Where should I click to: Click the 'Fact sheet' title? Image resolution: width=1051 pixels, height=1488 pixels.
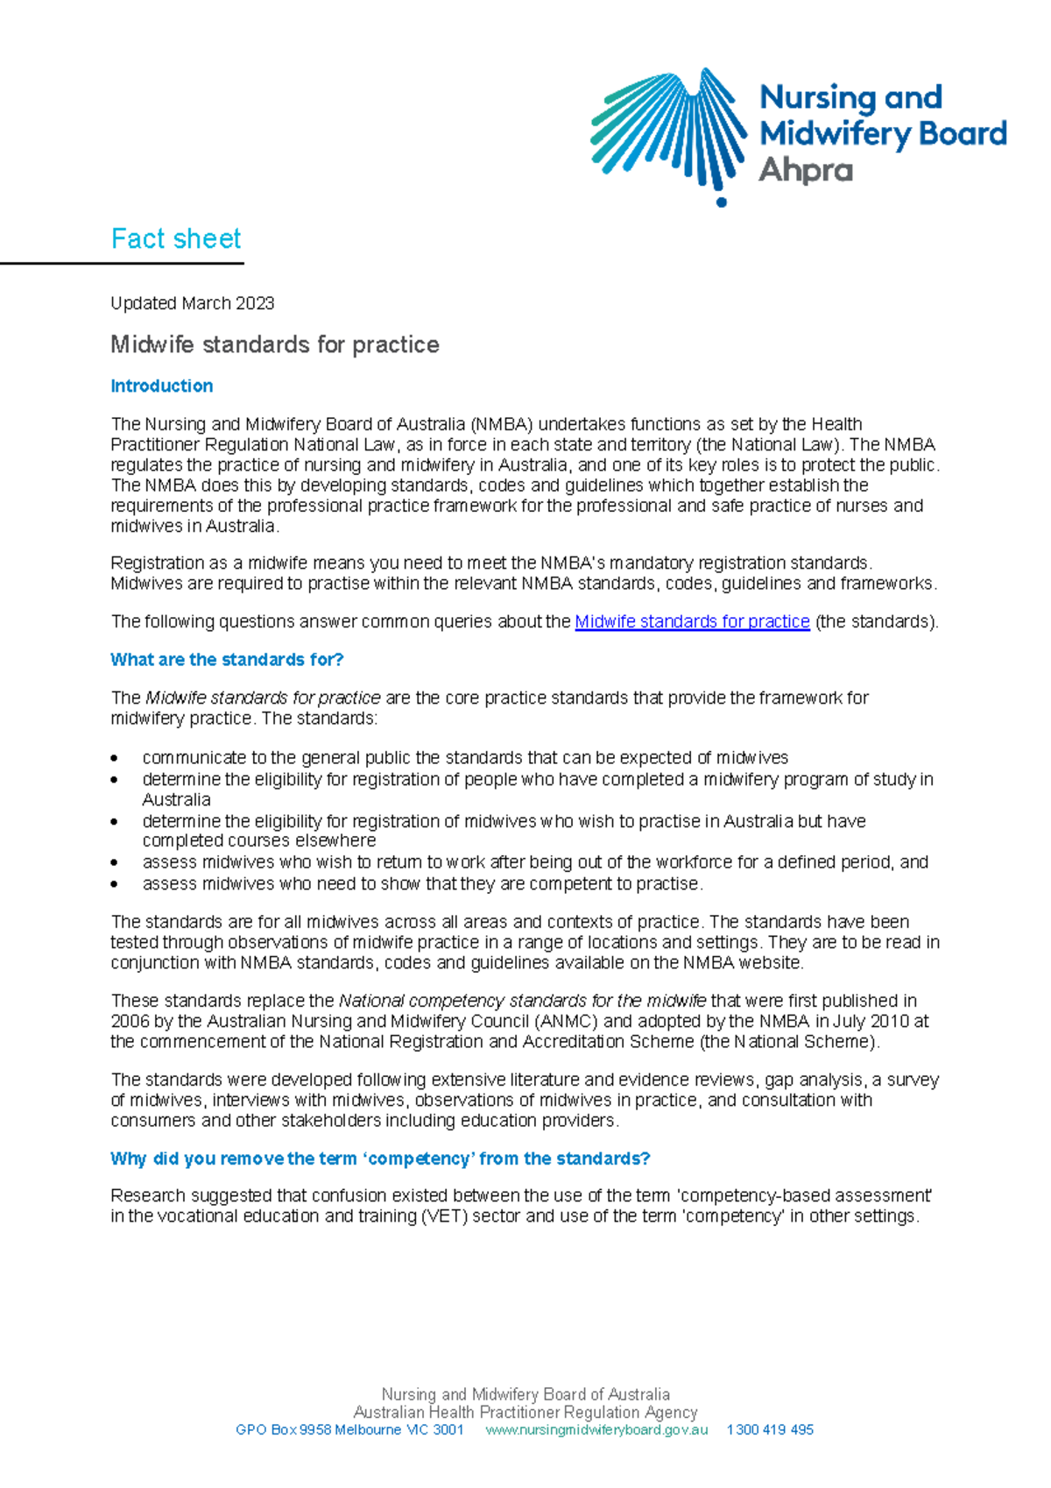(x=176, y=238)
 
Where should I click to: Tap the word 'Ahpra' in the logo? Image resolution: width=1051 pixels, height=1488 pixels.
(x=806, y=170)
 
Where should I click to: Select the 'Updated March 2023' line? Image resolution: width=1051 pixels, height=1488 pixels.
(x=192, y=303)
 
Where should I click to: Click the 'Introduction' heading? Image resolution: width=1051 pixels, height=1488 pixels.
(x=161, y=386)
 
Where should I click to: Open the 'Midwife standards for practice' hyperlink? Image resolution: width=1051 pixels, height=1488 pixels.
(x=692, y=621)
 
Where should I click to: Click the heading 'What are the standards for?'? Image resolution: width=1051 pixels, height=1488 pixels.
(x=227, y=659)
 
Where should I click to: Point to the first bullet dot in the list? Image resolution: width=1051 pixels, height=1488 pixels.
(x=115, y=758)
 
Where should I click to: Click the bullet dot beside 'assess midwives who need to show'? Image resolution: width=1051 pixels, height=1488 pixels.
(x=115, y=884)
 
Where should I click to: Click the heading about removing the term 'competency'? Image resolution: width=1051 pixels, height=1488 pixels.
(x=380, y=1159)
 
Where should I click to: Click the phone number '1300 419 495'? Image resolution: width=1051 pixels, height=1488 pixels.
(x=770, y=1429)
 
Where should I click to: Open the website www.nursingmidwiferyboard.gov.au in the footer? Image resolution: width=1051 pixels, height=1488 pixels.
(x=596, y=1429)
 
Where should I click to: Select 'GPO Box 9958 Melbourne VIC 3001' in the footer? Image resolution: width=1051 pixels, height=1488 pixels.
(x=349, y=1429)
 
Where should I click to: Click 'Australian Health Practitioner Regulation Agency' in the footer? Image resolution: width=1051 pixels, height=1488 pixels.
(x=525, y=1412)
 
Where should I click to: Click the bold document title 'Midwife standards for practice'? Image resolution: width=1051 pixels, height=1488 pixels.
(x=274, y=344)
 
